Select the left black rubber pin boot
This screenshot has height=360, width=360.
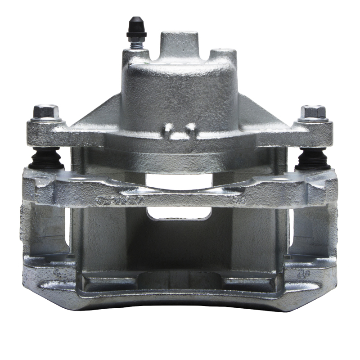(46, 158)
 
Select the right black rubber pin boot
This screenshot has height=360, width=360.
(313, 158)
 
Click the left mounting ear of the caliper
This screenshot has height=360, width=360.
(49, 133)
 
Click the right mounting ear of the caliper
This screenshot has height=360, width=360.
(310, 133)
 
